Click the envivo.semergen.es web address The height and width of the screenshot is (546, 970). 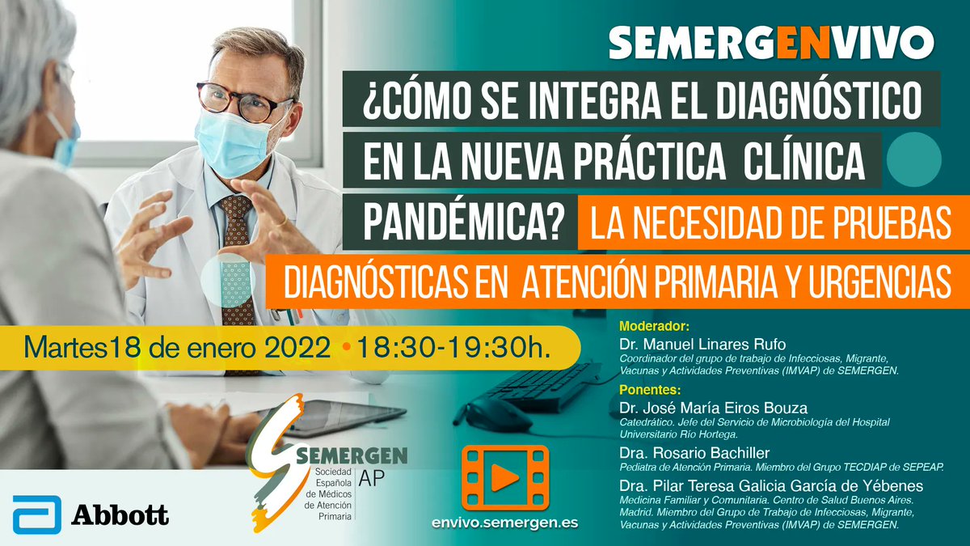505,523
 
